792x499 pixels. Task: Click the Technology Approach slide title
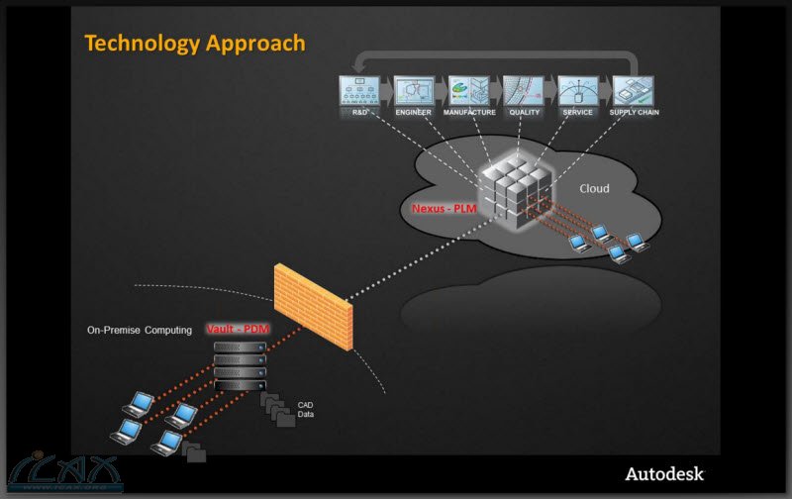195,43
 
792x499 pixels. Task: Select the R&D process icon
360,91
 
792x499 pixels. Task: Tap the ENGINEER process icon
414,91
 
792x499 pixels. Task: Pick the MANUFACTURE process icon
469,91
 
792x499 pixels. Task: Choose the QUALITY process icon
523,91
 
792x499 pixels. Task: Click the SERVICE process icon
577,91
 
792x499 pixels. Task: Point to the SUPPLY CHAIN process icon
633,91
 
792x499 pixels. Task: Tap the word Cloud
594,187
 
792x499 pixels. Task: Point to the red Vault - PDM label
239,328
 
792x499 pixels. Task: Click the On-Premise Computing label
140,330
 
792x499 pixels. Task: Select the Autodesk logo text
663,473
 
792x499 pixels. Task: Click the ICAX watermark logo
63,474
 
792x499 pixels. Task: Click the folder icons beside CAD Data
277,410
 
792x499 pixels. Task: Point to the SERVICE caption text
577,113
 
